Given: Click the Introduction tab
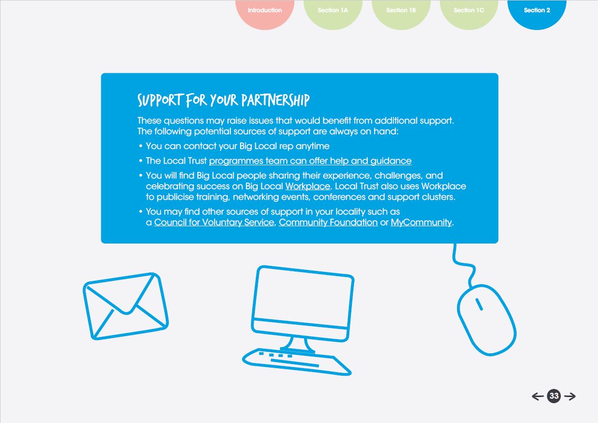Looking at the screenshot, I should (x=264, y=11).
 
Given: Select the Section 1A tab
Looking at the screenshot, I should (x=333, y=11).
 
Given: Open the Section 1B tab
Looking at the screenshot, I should (x=401, y=11).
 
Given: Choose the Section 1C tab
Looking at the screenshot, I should (x=469, y=11).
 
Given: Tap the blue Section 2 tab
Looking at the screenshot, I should (x=537, y=11).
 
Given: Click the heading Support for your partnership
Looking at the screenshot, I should (x=223, y=100).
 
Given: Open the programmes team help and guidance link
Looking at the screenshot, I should (x=310, y=161).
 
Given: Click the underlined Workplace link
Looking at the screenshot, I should (x=308, y=187).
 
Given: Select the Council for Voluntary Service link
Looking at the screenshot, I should (x=214, y=223).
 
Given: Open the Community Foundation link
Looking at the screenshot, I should (x=328, y=223).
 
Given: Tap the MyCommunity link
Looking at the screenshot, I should (x=421, y=223).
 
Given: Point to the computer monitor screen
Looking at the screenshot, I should (x=303, y=297).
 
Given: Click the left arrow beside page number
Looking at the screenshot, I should (x=537, y=397).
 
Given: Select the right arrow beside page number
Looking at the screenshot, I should (x=570, y=397).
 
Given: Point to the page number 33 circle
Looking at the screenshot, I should (x=554, y=397).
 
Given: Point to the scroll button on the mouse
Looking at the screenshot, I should (x=479, y=304).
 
